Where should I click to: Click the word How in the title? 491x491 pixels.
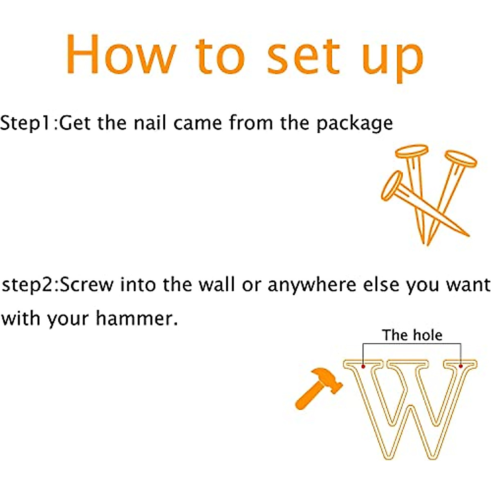pyautogui.click(x=121, y=54)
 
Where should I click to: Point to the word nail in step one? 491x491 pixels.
pyautogui.click(x=150, y=123)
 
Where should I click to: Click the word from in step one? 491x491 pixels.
pyautogui.click(x=251, y=123)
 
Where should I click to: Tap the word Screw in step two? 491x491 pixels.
pyautogui.click(x=87, y=285)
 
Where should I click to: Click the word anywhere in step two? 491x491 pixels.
pyautogui.click(x=312, y=286)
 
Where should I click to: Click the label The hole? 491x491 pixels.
pyautogui.click(x=412, y=335)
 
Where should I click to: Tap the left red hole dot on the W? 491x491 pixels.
pyautogui.click(x=363, y=366)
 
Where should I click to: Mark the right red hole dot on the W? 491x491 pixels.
pyautogui.click(x=461, y=366)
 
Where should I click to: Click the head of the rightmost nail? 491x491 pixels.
pyautogui.click(x=461, y=159)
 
